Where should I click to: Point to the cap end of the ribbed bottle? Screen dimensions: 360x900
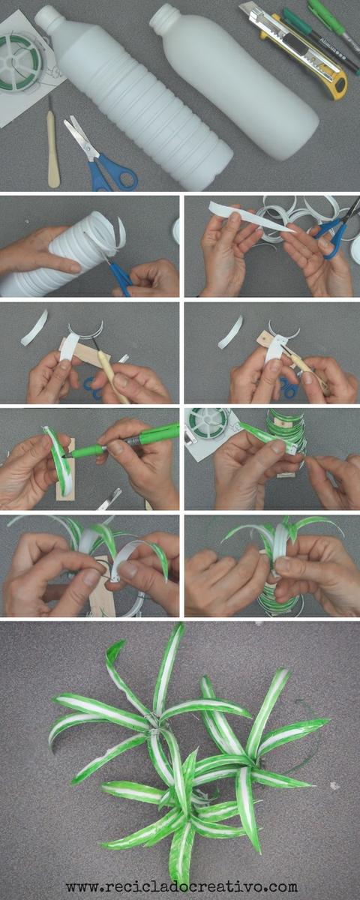pyautogui.click(x=46, y=16)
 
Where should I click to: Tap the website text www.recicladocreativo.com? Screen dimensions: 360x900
pyautogui.click(x=181, y=886)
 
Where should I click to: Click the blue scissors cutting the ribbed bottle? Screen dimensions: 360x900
pyautogui.click(x=118, y=272)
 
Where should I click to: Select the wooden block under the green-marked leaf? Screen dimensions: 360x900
pyautogui.click(x=66, y=470)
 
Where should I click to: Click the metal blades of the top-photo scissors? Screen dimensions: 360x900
pyautogui.click(x=80, y=134)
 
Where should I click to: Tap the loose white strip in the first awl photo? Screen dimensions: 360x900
pyautogui.click(x=34, y=328)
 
